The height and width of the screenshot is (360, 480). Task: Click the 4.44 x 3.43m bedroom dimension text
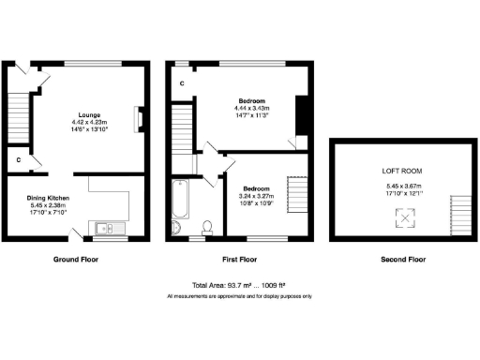(x=252, y=108)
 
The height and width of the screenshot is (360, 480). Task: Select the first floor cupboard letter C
(x=181, y=82)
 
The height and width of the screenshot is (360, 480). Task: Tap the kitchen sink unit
(x=106, y=228)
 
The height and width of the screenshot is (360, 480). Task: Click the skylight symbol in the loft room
(x=404, y=218)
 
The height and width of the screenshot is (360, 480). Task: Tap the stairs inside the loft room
(x=457, y=217)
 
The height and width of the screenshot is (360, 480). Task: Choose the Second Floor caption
(x=403, y=259)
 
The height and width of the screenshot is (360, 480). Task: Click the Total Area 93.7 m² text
(x=239, y=284)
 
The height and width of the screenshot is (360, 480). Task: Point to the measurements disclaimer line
(x=239, y=295)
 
